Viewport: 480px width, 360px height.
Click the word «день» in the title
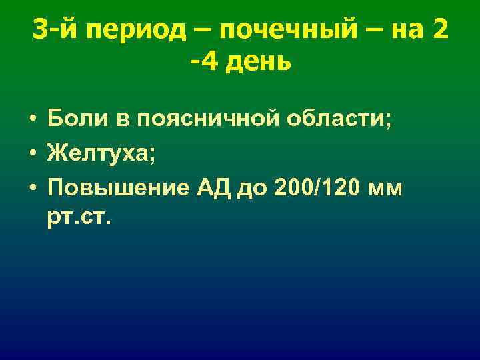[261, 63]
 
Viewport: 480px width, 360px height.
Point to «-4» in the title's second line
[203, 63]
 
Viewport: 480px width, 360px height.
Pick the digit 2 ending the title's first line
[439, 30]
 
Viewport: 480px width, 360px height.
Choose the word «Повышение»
[117, 188]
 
